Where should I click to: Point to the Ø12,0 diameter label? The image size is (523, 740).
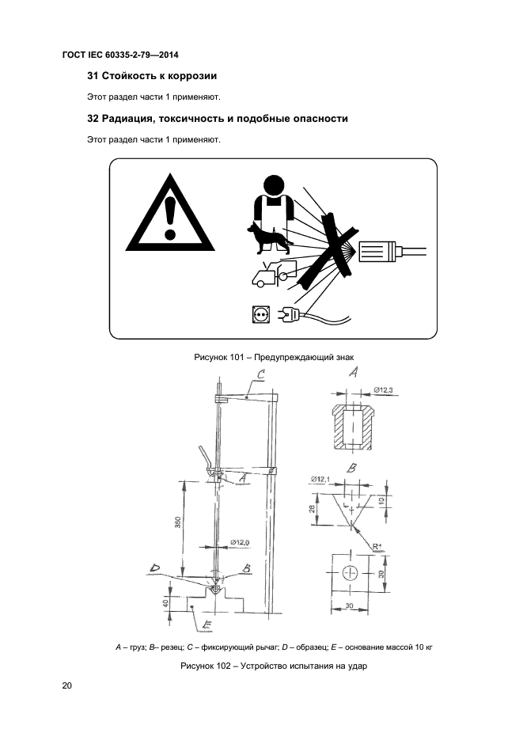[240, 542]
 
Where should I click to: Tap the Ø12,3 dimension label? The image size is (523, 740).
[383, 390]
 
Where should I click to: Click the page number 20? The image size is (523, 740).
[66, 685]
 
